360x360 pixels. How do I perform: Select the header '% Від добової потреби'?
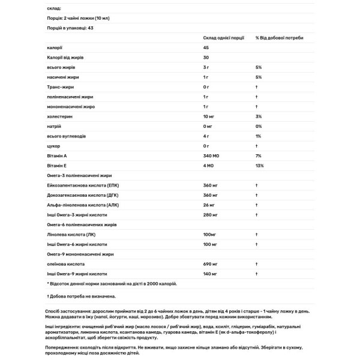(279, 37)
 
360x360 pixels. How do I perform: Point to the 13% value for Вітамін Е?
(259, 165)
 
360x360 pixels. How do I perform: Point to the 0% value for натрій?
(259, 126)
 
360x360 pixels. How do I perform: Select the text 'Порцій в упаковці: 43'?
(71, 28)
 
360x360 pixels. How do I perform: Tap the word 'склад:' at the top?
(54, 7)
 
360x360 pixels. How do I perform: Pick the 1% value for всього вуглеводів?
(258, 136)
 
